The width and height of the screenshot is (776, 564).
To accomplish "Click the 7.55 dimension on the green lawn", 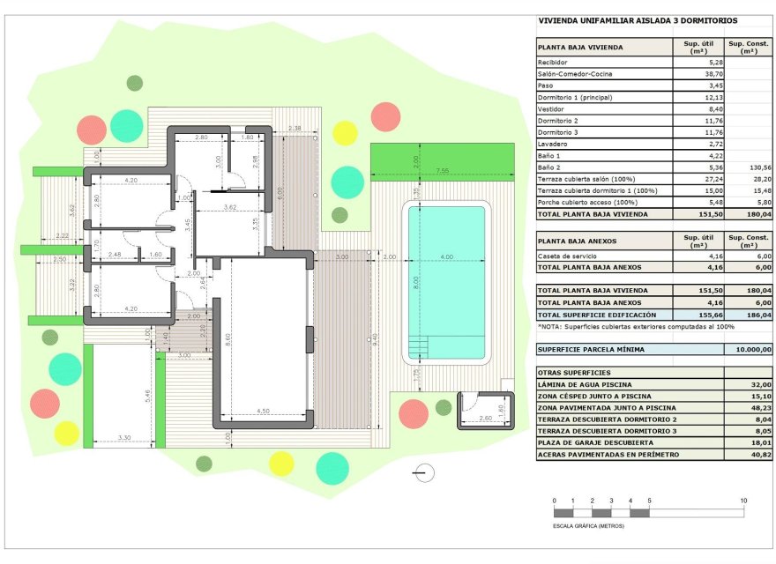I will [x=442, y=169].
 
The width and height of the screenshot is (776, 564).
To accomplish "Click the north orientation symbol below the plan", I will [x=424, y=473].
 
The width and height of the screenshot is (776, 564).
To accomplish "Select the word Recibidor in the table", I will [x=553, y=63].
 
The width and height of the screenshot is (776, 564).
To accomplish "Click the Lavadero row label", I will [x=553, y=144].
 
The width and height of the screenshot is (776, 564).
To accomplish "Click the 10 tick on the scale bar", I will [x=744, y=501].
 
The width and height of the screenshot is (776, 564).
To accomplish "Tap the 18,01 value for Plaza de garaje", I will [x=759, y=442].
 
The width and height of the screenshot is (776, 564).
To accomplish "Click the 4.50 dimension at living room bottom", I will [x=264, y=410].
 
